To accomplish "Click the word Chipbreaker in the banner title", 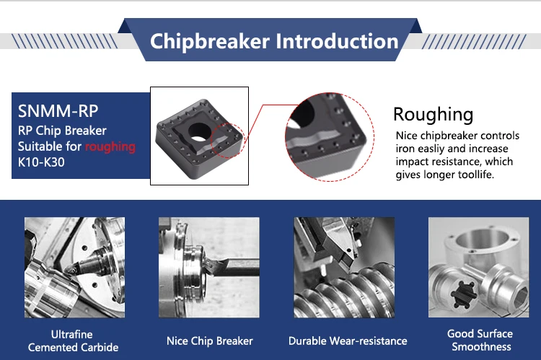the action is (x=209, y=42).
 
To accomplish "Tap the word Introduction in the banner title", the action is (x=337, y=41).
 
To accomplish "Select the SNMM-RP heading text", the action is (x=58, y=111).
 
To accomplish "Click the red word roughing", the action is (x=110, y=147).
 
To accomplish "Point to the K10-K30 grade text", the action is (x=41, y=162).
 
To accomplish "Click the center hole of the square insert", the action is (x=199, y=132).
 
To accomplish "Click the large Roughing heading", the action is (x=433, y=115).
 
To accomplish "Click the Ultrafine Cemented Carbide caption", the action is (x=73, y=341).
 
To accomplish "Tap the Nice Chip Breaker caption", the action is (x=209, y=341).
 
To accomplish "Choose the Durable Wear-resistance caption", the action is (x=348, y=341).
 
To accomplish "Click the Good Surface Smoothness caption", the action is (x=480, y=340).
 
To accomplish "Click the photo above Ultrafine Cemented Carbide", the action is (x=74, y=267).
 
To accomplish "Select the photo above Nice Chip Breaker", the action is (x=208, y=267).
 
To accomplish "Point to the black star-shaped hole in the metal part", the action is (x=464, y=294).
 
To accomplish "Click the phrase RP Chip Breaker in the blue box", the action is (x=62, y=131).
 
